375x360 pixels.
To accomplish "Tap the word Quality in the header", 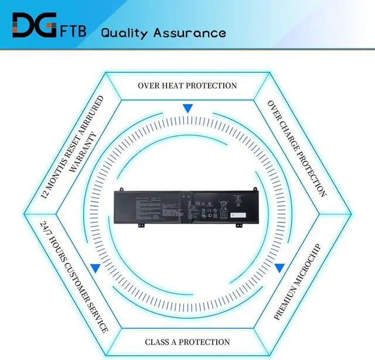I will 125,32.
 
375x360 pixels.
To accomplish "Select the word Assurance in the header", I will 190,32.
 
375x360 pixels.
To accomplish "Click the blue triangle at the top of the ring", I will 187,109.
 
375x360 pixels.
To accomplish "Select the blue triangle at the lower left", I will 95,268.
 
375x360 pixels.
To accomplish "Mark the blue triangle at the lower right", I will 279,268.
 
